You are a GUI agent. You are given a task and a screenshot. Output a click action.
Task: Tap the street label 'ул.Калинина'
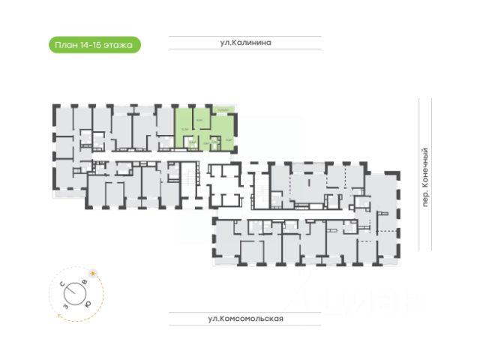pos(244,43)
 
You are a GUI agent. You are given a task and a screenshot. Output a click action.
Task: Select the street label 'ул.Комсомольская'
pos(245,319)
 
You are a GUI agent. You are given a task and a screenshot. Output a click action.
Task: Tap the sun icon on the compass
pos(92,272)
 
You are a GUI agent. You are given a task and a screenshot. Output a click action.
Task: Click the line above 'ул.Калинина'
pos(244,36)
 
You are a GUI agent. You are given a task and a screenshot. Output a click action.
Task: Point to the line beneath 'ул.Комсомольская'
pos(245,325)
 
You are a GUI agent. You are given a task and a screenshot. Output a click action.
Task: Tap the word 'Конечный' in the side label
pos(425,167)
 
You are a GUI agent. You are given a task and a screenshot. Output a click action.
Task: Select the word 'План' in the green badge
pos(65,45)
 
